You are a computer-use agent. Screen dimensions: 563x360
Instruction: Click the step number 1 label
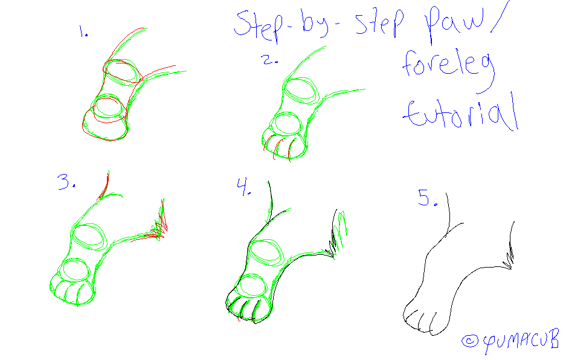click(x=83, y=31)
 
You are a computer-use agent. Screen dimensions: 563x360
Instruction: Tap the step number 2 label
click(x=270, y=60)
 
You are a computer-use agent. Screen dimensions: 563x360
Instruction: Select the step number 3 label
click(x=66, y=182)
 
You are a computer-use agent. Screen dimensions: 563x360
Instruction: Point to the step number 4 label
click(x=243, y=187)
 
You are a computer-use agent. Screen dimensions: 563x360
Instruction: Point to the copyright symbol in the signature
click(x=469, y=341)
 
